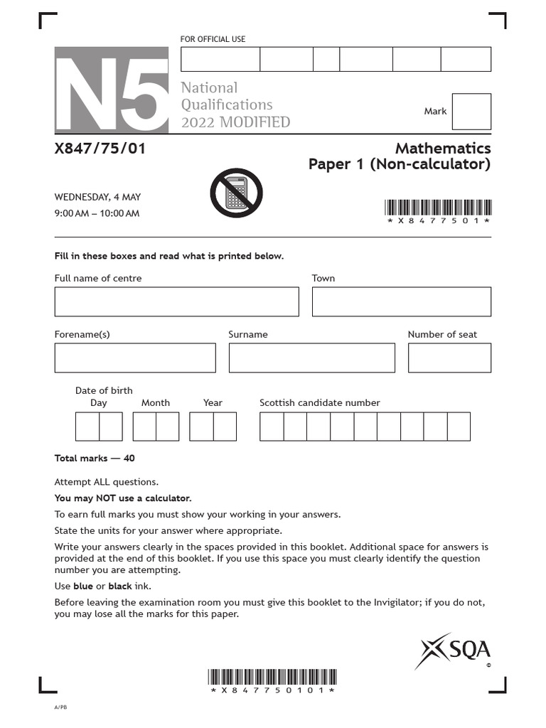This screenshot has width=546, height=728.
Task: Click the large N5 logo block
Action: tap(112, 90)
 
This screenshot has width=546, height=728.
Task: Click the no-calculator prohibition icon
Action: tap(237, 193)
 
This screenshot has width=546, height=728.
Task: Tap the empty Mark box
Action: tap(471, 112)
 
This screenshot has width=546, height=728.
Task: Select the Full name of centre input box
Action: tap(176, 301)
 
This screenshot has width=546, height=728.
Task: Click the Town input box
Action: tap(401, 301)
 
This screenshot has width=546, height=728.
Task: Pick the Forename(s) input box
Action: tap(135, 358)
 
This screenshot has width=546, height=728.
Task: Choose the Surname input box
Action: tap(311, 358)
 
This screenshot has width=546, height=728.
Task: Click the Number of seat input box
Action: tap(449, 358)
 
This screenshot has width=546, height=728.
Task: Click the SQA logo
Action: tap(456, 650)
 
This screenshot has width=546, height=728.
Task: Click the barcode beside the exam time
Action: tap(438, 208)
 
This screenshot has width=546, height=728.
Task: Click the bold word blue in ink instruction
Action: tap(83, 586)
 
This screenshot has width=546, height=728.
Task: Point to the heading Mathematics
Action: tap(443, 148)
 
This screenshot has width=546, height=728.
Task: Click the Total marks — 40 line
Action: tap(95, 459)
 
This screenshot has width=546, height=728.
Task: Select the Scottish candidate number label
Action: tap(319, 402)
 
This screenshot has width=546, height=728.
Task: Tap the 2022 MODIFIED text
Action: tap(235, 122)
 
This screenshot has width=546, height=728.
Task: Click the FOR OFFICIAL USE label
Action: tap(213, 39)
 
